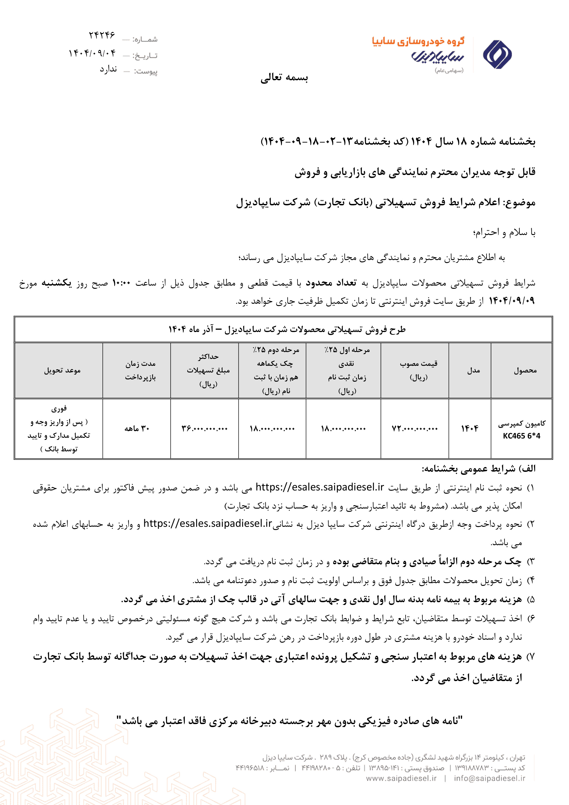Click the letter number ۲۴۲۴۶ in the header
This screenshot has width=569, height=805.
(x=102, y=35)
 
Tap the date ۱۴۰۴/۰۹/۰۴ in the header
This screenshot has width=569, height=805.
(x=92, y=53)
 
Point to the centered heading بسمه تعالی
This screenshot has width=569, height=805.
(x=284, y=77)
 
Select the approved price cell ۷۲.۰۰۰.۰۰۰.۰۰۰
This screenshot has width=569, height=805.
(x=415, y=428)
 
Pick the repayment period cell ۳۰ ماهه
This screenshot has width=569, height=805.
(x=137, y=428)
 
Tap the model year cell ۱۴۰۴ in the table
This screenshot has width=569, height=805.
(x=469, y=428)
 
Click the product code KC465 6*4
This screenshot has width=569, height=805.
(x=521, y=436)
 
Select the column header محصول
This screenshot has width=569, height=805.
(x=525, y=370)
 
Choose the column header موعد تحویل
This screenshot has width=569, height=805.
(x=62, y=370)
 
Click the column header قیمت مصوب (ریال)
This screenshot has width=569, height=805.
(x=419, y=370)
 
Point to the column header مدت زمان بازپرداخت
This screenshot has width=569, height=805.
(x=140, y=370)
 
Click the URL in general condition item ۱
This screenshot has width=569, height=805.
(x=320, y=487)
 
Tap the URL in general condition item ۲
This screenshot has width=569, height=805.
(x=208, y=524)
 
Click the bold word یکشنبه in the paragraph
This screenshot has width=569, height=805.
(x=57, y=283)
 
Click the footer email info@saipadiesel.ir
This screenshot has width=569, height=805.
(x=489, y=778)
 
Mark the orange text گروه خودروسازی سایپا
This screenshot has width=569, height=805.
(x=418, y=41)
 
